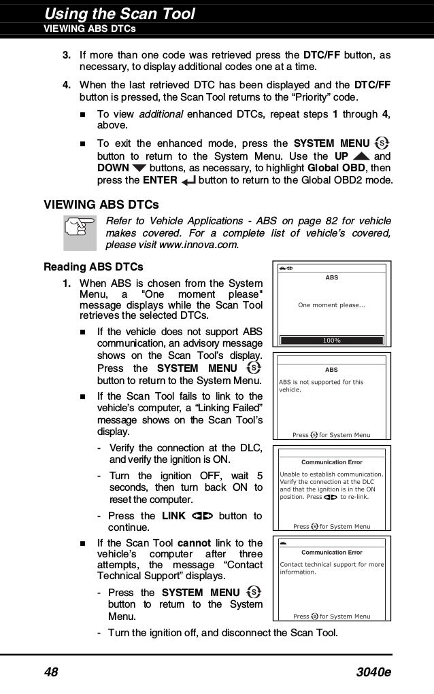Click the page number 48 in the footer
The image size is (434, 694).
pyautogui.click(x=51, y=672)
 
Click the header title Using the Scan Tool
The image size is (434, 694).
pyautogui.click(x=119, y=13)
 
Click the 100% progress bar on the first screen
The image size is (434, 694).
pyautogui.click(x=332, y=340)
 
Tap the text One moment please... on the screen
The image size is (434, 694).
pyautogui.click(x=332, y=305)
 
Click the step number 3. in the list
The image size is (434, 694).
pyautogui.click(x=67, y=54)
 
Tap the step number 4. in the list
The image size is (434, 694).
pyautogui.click(x=67, y=85)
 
